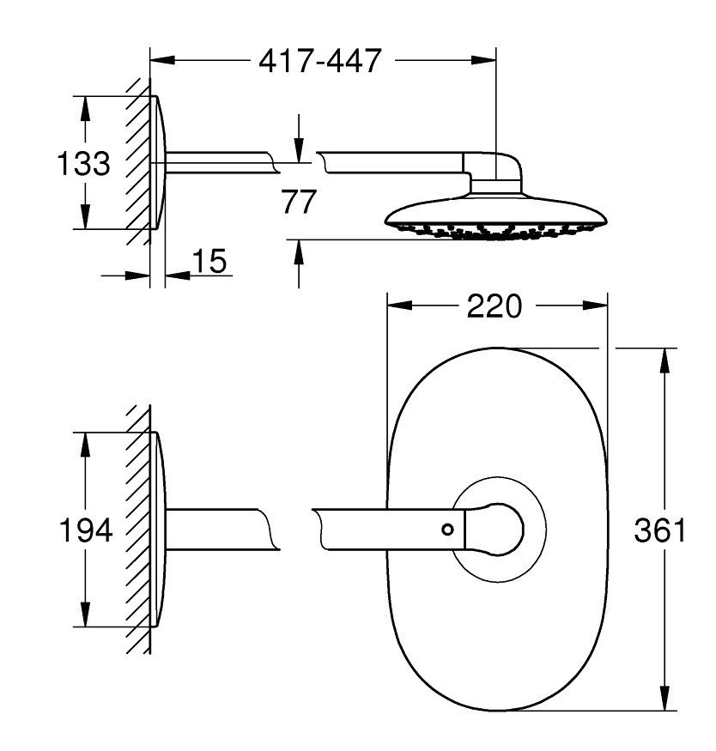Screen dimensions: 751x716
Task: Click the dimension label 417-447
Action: click(x=319, y=62)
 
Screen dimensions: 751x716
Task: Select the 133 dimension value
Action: click(x=83, y=163)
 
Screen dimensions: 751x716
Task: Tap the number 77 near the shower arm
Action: click(x=299, y=203)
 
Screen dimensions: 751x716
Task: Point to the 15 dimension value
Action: click(x=209, y=261)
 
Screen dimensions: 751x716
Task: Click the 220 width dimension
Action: click(x=495, y=305)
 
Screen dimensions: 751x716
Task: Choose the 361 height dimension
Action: click(x=660, y=531)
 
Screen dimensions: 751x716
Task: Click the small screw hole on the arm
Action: click(x=446, y=529)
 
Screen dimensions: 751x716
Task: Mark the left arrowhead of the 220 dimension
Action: click(x=397, y=305)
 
